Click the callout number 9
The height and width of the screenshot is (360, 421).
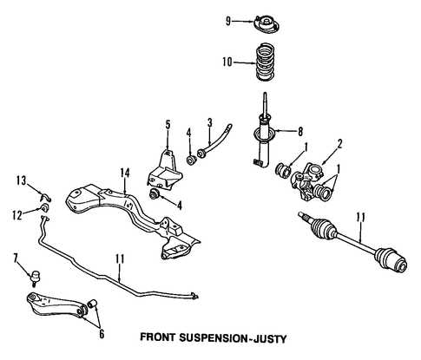(x=228, y=21)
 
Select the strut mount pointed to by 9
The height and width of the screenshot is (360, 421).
(x=266, y=25)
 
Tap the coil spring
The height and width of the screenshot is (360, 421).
(x=266, y=62)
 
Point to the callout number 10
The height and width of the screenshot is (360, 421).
(x=227, y=62)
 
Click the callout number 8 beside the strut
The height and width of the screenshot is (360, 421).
(x=300, y=132)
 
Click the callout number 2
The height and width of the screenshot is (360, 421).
(x=339, y=144)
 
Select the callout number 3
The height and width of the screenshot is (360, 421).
(x=210, y=122)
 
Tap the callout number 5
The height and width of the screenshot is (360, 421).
(x=168, y=125)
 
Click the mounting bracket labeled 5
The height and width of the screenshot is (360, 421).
(x=165, y=170)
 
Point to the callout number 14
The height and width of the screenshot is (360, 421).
(x=125, y=173)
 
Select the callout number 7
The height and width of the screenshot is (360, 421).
(x=16, y=258)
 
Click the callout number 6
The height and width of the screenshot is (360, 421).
(x=102, y=334)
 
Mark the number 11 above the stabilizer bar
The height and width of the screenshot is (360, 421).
(x=120, y=259)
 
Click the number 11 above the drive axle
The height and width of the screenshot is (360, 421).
(x=360, y=218)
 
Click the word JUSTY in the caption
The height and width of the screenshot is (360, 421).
(x=270, y=338)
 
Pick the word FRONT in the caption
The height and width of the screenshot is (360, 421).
(x=158, y=337)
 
